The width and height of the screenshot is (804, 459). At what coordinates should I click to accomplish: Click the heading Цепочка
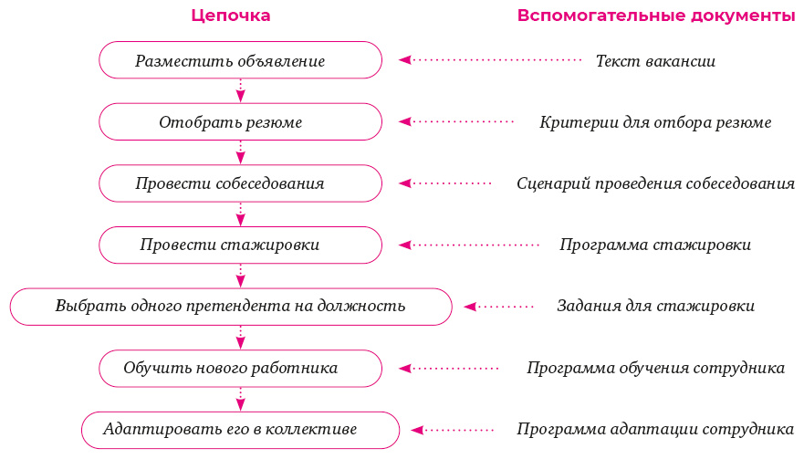point(231,16)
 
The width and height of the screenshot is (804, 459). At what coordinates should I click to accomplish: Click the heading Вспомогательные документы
point(655,16)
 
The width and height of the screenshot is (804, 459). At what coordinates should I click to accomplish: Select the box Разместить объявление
point(240,60)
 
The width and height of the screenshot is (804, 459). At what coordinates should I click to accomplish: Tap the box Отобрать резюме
point(240,121)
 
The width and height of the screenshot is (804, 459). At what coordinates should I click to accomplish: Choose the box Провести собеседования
point(240,183)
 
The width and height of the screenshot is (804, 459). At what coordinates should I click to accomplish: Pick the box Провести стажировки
point(240,245)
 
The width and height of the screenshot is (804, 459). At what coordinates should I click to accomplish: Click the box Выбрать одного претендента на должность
point(231,307)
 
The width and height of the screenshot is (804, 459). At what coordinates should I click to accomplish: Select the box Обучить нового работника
point(240,368)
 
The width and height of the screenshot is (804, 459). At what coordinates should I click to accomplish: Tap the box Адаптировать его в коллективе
point(240,429)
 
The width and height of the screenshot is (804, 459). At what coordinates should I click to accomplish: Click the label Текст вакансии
point(655,61)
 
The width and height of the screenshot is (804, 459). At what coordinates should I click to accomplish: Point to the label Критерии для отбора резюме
point(655,122)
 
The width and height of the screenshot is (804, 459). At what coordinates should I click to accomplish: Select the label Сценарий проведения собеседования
point(655,183)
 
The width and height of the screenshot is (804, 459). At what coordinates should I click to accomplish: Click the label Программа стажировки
point(655,245)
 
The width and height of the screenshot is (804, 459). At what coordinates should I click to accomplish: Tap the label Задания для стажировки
point(655,306)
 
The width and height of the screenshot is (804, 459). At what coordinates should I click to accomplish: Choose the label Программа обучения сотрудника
point(655,368)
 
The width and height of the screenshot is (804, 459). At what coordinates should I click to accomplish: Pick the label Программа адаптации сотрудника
point(655,429)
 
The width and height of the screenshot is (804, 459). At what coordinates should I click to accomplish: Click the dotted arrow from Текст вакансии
point(491,60)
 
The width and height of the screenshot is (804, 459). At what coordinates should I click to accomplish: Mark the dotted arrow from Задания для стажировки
point(499,307)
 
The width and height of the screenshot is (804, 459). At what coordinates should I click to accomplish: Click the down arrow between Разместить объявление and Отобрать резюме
point(240,90)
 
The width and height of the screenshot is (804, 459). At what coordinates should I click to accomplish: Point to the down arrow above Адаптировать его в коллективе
point(240,398)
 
